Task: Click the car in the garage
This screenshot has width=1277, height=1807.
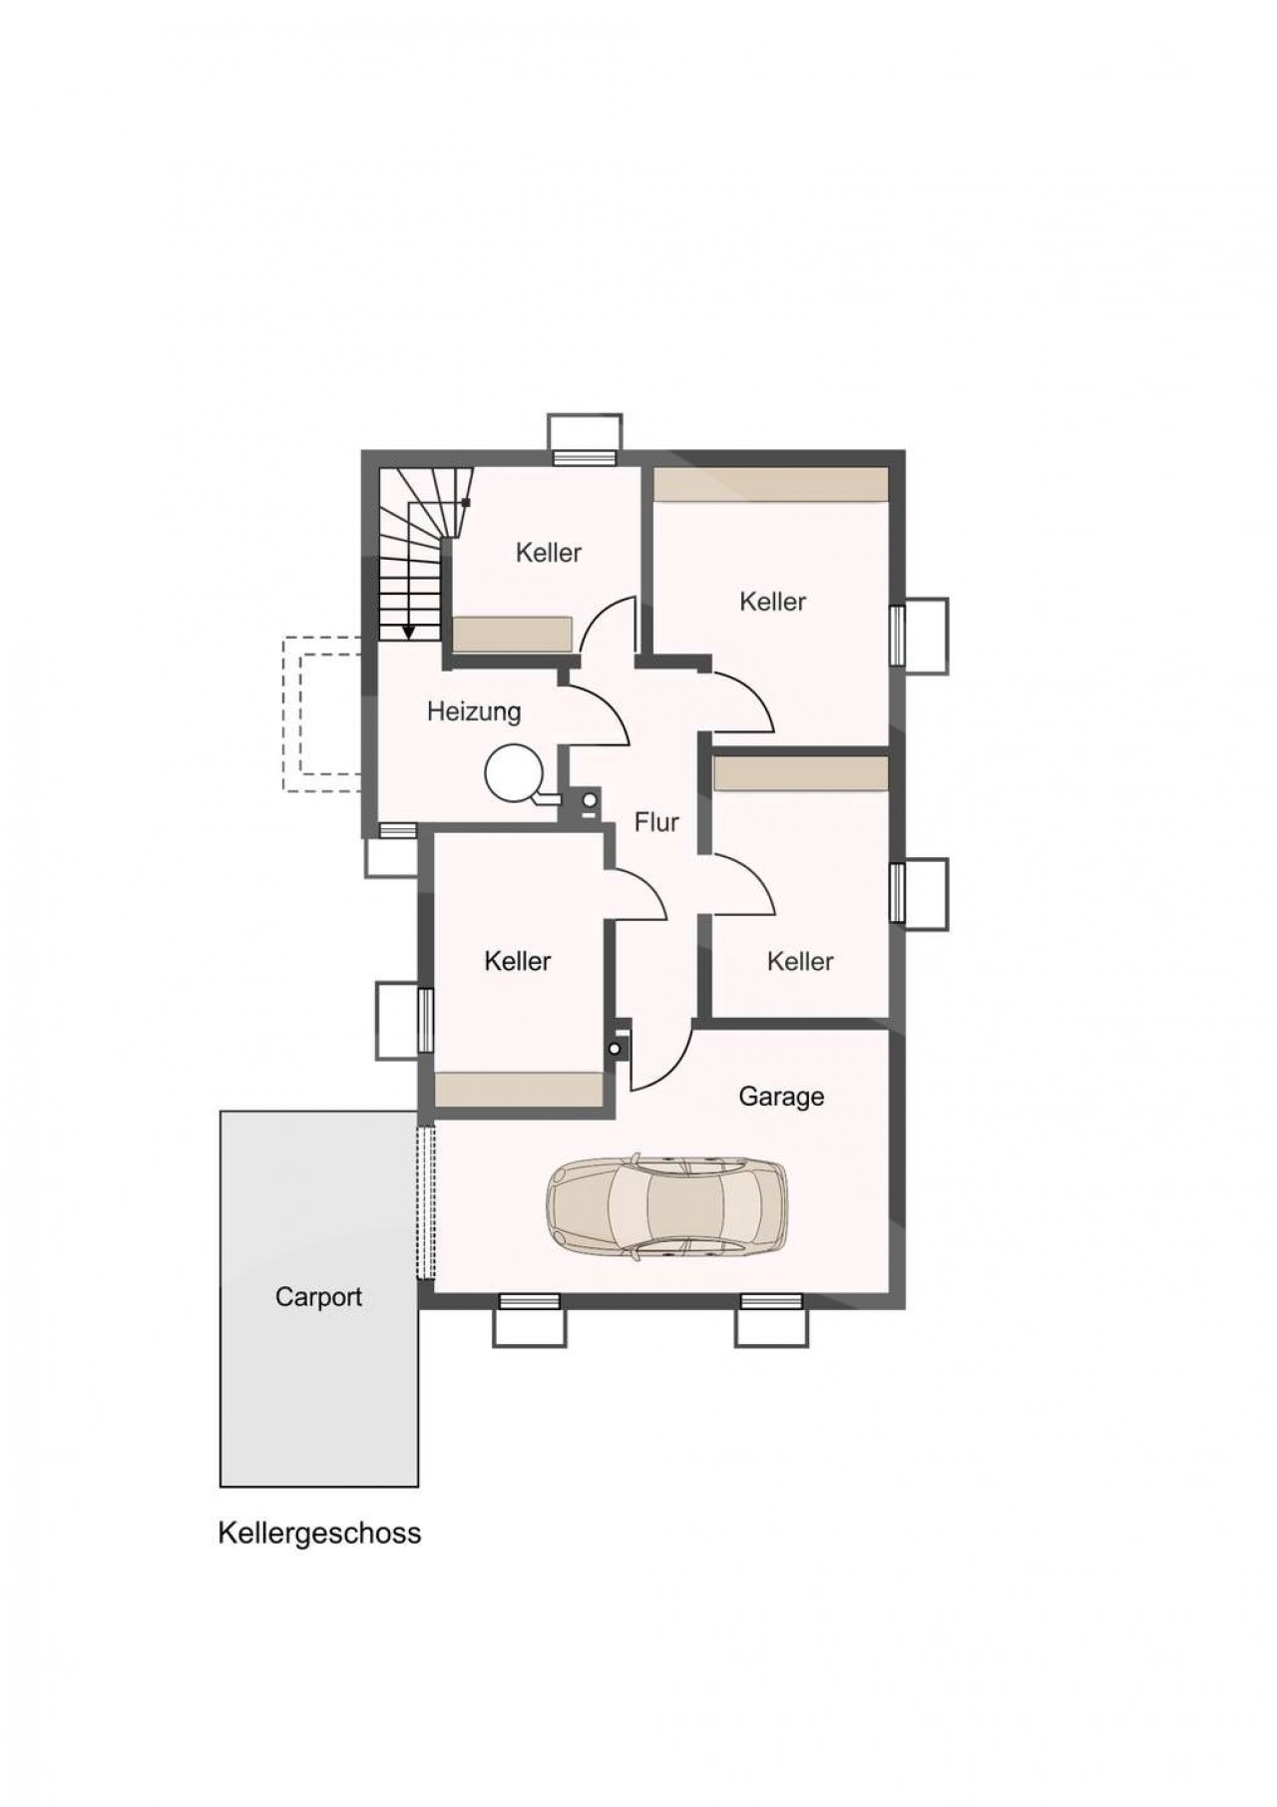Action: pyautogui.click(x=666, y=1204)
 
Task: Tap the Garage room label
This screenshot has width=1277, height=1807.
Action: pyautogui.click(x=781, y=1097)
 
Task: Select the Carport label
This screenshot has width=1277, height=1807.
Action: pyautogui.click(x=318, y=1297)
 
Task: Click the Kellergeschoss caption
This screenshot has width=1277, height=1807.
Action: pyautogui.click(x=319, y=1534)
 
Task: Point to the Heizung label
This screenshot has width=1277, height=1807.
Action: pyautogui.click(x=474, y=712)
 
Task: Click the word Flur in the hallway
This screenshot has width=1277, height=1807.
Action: pyautogui.click(x=656, y=822)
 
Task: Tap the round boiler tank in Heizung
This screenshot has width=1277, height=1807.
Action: pyautogui.click(x=515, y=772)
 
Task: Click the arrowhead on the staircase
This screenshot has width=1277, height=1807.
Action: pyautogui.click(x=409, y=632)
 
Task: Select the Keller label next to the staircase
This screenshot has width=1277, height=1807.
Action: pyautogui.click(x=549, y=553)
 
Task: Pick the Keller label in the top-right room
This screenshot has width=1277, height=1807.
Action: pyautogui.click(x=773, y=602)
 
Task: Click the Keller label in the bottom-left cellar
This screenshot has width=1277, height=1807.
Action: pyautogui.click(x=518, y=961)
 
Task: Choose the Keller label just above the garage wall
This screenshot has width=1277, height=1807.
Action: pyautogui.click(x=800, y=961)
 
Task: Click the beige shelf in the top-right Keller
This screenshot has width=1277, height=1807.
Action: pyautogui.click(x=770, y=485)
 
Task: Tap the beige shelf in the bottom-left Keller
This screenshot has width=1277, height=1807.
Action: pyautogui.click(x=519, y=1090)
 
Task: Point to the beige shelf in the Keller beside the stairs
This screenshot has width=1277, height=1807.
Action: pyautogui.click(x=513, y=634)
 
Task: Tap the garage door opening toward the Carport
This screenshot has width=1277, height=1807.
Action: pyautogui.click(x=426, y=1203)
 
